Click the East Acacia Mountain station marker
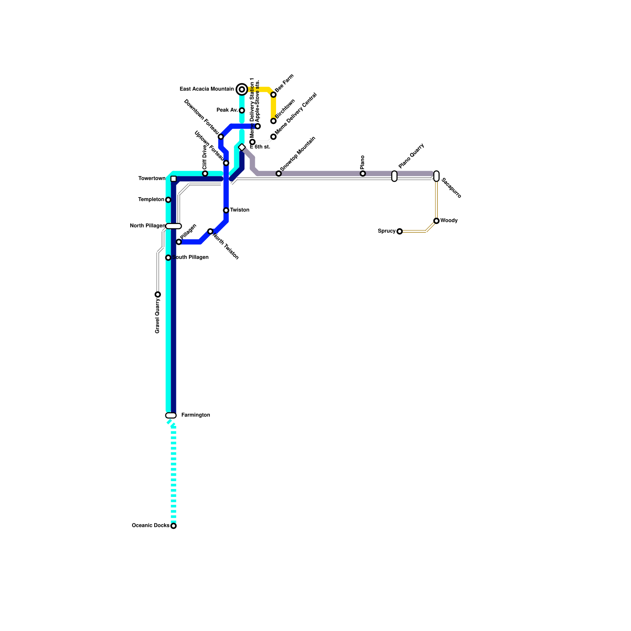pos(242,90)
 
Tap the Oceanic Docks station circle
pos(174,526)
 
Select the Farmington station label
pos(195,415)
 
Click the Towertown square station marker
pos(174,179)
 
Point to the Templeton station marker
pos(168,200)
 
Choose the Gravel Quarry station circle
pos(158,294)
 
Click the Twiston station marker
pos(226,210)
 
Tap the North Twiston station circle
pos(210,231)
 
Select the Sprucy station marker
pos(400,231)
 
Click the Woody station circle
pos(436,221)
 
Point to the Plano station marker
pos(363,174)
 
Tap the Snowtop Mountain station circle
pos(278,174)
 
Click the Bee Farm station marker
pos(273,95)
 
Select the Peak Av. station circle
pos(242,110)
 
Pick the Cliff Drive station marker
pos(205,174)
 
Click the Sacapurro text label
pos(451,188)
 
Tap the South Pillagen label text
pos(190,258)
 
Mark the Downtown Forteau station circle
pos(221,137)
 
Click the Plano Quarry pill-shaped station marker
pos(394,176)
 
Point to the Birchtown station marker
pos(273,121)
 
